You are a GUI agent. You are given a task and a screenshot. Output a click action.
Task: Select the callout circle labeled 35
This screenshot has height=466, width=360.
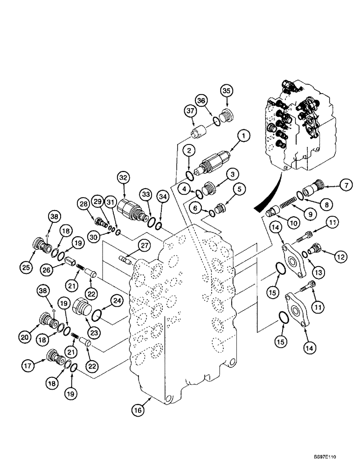227,91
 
